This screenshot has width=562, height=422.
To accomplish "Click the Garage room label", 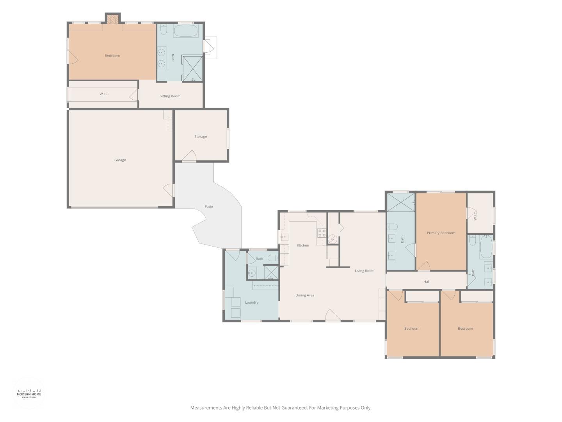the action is (120, 160).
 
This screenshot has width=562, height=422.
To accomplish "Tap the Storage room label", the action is (201, 137).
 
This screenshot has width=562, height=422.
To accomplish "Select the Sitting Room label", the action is (170, 96).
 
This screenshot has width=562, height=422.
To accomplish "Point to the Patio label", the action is (209, 207).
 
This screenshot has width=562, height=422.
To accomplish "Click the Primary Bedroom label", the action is (441, 233).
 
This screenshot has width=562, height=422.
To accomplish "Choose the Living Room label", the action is (365, 270).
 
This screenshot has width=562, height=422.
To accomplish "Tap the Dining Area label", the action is (305, 295).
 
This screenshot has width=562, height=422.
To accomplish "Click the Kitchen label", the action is (303, 245).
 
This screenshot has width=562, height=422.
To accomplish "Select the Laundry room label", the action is (251, 302).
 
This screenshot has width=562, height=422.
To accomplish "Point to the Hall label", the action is (426, 282).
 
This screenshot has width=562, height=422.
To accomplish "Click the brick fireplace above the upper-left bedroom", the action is (113, 20).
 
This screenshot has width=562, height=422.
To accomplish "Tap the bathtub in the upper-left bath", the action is (186, 31).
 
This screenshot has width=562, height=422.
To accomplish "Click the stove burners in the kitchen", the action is (322, 232).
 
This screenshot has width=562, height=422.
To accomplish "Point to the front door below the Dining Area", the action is (333, 315).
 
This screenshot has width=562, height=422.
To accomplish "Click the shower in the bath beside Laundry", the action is (271, 272).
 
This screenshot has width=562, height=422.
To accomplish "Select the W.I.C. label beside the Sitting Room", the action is (104, 94).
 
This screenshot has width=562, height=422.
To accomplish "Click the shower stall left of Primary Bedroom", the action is (401, 202).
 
